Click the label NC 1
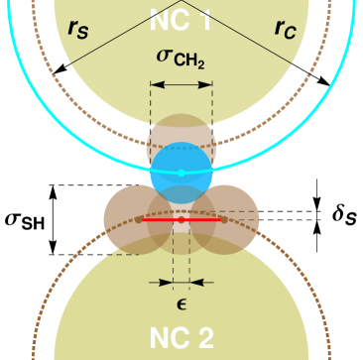click(181, 17)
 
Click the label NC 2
click(181, 338)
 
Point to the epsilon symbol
click(181, 302)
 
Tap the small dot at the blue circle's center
click(181, 173)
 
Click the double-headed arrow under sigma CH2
click(181, 84)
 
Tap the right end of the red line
click(219, 219)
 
